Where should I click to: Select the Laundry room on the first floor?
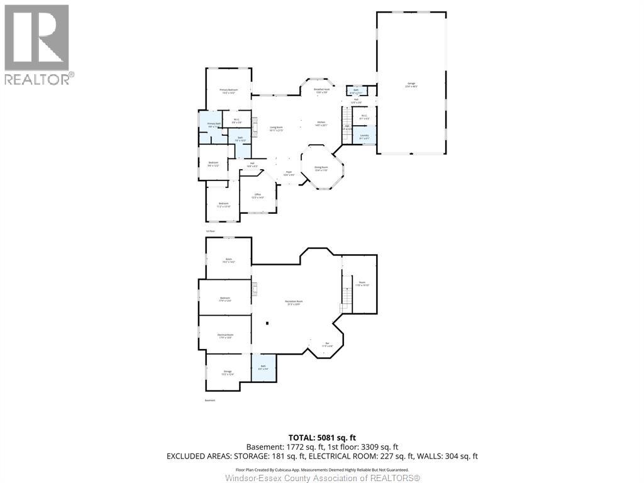364,135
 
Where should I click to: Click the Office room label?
257,196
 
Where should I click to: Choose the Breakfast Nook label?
321,91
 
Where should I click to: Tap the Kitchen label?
321,123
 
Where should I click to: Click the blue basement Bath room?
264,367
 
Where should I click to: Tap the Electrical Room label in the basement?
225,336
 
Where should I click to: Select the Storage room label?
228,372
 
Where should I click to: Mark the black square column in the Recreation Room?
267,324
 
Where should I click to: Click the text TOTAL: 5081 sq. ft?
321,438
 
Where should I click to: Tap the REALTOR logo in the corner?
38,45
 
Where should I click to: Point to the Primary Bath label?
213,125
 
